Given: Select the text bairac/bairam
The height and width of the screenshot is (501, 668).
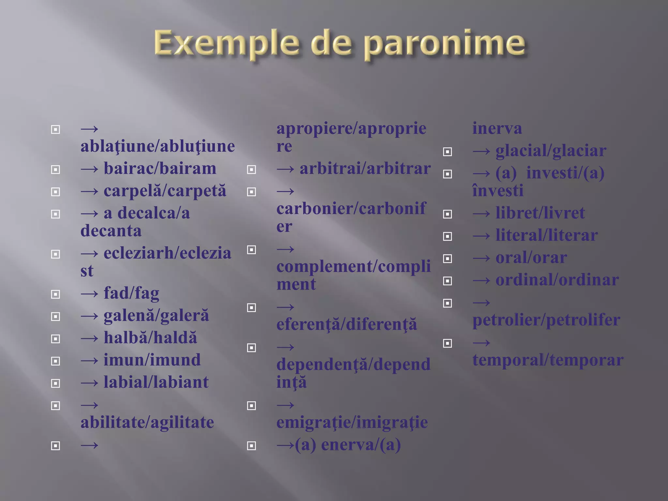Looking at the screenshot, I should [160, 169].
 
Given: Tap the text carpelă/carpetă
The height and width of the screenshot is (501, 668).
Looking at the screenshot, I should [165, 191].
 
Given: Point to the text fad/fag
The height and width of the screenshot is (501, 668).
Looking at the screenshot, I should [131, 293].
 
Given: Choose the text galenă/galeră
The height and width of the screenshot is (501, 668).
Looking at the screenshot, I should [156, 316].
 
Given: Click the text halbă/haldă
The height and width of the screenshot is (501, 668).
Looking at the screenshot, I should [150, 338].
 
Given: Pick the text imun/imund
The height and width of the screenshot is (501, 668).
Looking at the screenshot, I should [152, 360].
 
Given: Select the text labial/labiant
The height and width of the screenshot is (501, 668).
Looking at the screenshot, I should [156, 382].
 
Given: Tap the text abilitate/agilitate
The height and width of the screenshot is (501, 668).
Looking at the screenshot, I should [147, 422].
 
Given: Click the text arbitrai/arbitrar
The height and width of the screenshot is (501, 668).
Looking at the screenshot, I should [365, 169].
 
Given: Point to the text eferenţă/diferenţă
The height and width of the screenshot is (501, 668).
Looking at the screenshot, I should [347, 324].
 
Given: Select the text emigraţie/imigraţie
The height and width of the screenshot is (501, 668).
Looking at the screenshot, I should [352, 422].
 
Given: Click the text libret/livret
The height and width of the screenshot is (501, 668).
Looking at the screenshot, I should [540, 213].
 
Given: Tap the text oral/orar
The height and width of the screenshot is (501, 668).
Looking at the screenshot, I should [531, 258].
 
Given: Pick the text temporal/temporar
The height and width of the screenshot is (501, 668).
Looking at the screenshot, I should [548, 360].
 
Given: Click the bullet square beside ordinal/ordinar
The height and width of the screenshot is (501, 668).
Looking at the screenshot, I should [447, 281].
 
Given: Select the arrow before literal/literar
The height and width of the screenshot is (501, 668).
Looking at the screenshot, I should [481, 236].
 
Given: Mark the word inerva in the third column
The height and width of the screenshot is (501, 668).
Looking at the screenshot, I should [497, 128].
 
